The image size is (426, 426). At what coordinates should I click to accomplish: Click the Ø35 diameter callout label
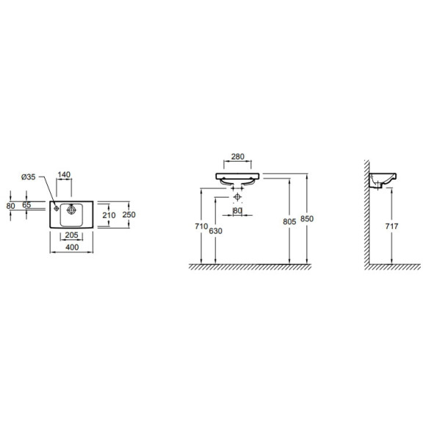(28, 177)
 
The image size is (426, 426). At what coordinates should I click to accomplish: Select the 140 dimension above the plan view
(64, 174)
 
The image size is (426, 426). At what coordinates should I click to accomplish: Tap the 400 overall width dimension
(72, 248)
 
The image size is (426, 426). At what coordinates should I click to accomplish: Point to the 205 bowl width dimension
(71, 235)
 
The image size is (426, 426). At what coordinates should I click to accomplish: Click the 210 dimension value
(109, 215)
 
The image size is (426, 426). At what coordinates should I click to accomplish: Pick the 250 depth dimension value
(129, 214)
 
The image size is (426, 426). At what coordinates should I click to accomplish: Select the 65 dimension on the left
(26, 205)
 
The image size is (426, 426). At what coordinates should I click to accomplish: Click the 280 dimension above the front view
(238, 156)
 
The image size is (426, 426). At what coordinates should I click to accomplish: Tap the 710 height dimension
(201, 226)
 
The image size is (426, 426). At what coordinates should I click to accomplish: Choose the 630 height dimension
(216, 231)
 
